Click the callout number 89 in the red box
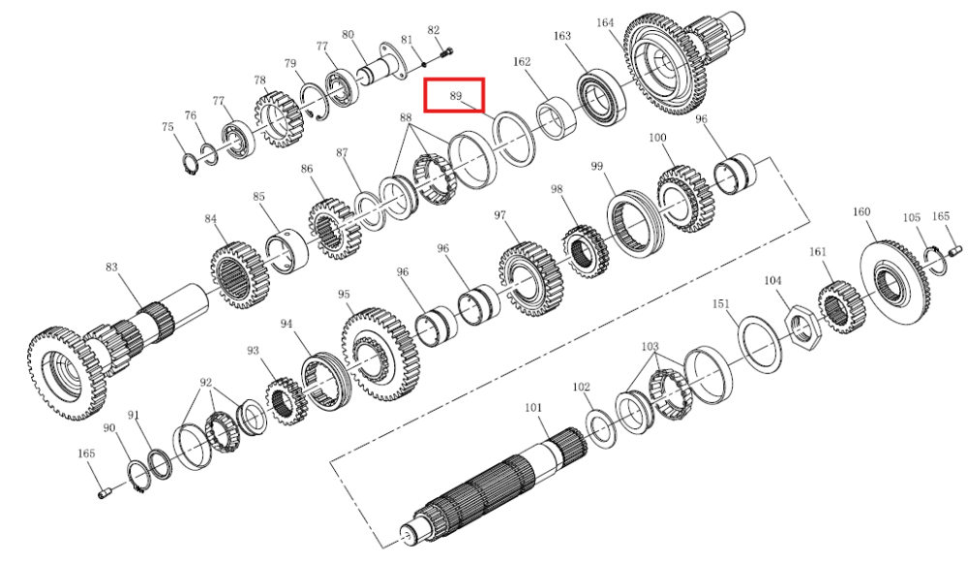[x=456, y=96]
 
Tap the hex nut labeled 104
[x=802, y=324]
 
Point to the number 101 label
[x=533, y=408]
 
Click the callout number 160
[x=862, y=212]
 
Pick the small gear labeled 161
[x=841, y=307]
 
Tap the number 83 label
[x=111, y=267]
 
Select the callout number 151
[x=720, y=304]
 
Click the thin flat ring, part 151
[x=760, y=343]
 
